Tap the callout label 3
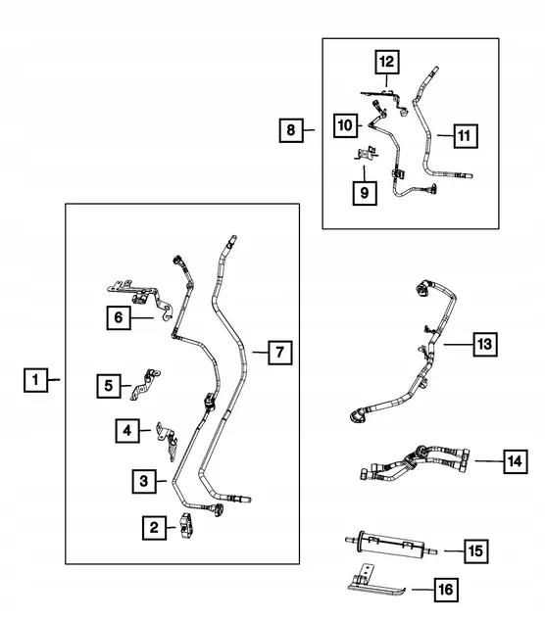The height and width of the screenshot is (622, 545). [x=143, y=480]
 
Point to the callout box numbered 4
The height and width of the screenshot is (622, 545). [x=127, y=429]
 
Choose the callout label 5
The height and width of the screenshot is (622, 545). [x=110, y=386]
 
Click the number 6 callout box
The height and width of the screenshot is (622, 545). [x=118, y=316]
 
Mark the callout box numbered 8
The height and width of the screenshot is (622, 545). [x=290, y=128]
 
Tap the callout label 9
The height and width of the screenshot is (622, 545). [x=363, y=192]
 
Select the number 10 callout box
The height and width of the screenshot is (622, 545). [x=345, y=124]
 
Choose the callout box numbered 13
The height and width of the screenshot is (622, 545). [x=484, y=345]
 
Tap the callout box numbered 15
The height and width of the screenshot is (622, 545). [x=475, y=551]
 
